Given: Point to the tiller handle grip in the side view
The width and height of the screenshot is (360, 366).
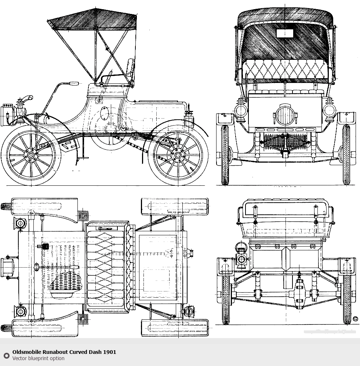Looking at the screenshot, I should tap(73, 84).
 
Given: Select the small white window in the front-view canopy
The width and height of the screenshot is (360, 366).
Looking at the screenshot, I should tap(285, 33).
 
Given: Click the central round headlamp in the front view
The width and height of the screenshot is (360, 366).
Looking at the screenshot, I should tap(285, 115).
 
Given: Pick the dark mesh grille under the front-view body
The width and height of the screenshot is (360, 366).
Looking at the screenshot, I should tap(285, 141).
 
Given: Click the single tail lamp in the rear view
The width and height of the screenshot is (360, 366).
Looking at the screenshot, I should tap(241, 259).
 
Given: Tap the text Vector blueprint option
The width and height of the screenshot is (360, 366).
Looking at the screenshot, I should tap(38, 358).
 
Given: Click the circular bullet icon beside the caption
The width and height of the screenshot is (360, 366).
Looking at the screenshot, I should tap(6, 355).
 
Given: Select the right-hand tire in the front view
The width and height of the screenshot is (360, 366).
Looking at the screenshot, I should tap(346, 154).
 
